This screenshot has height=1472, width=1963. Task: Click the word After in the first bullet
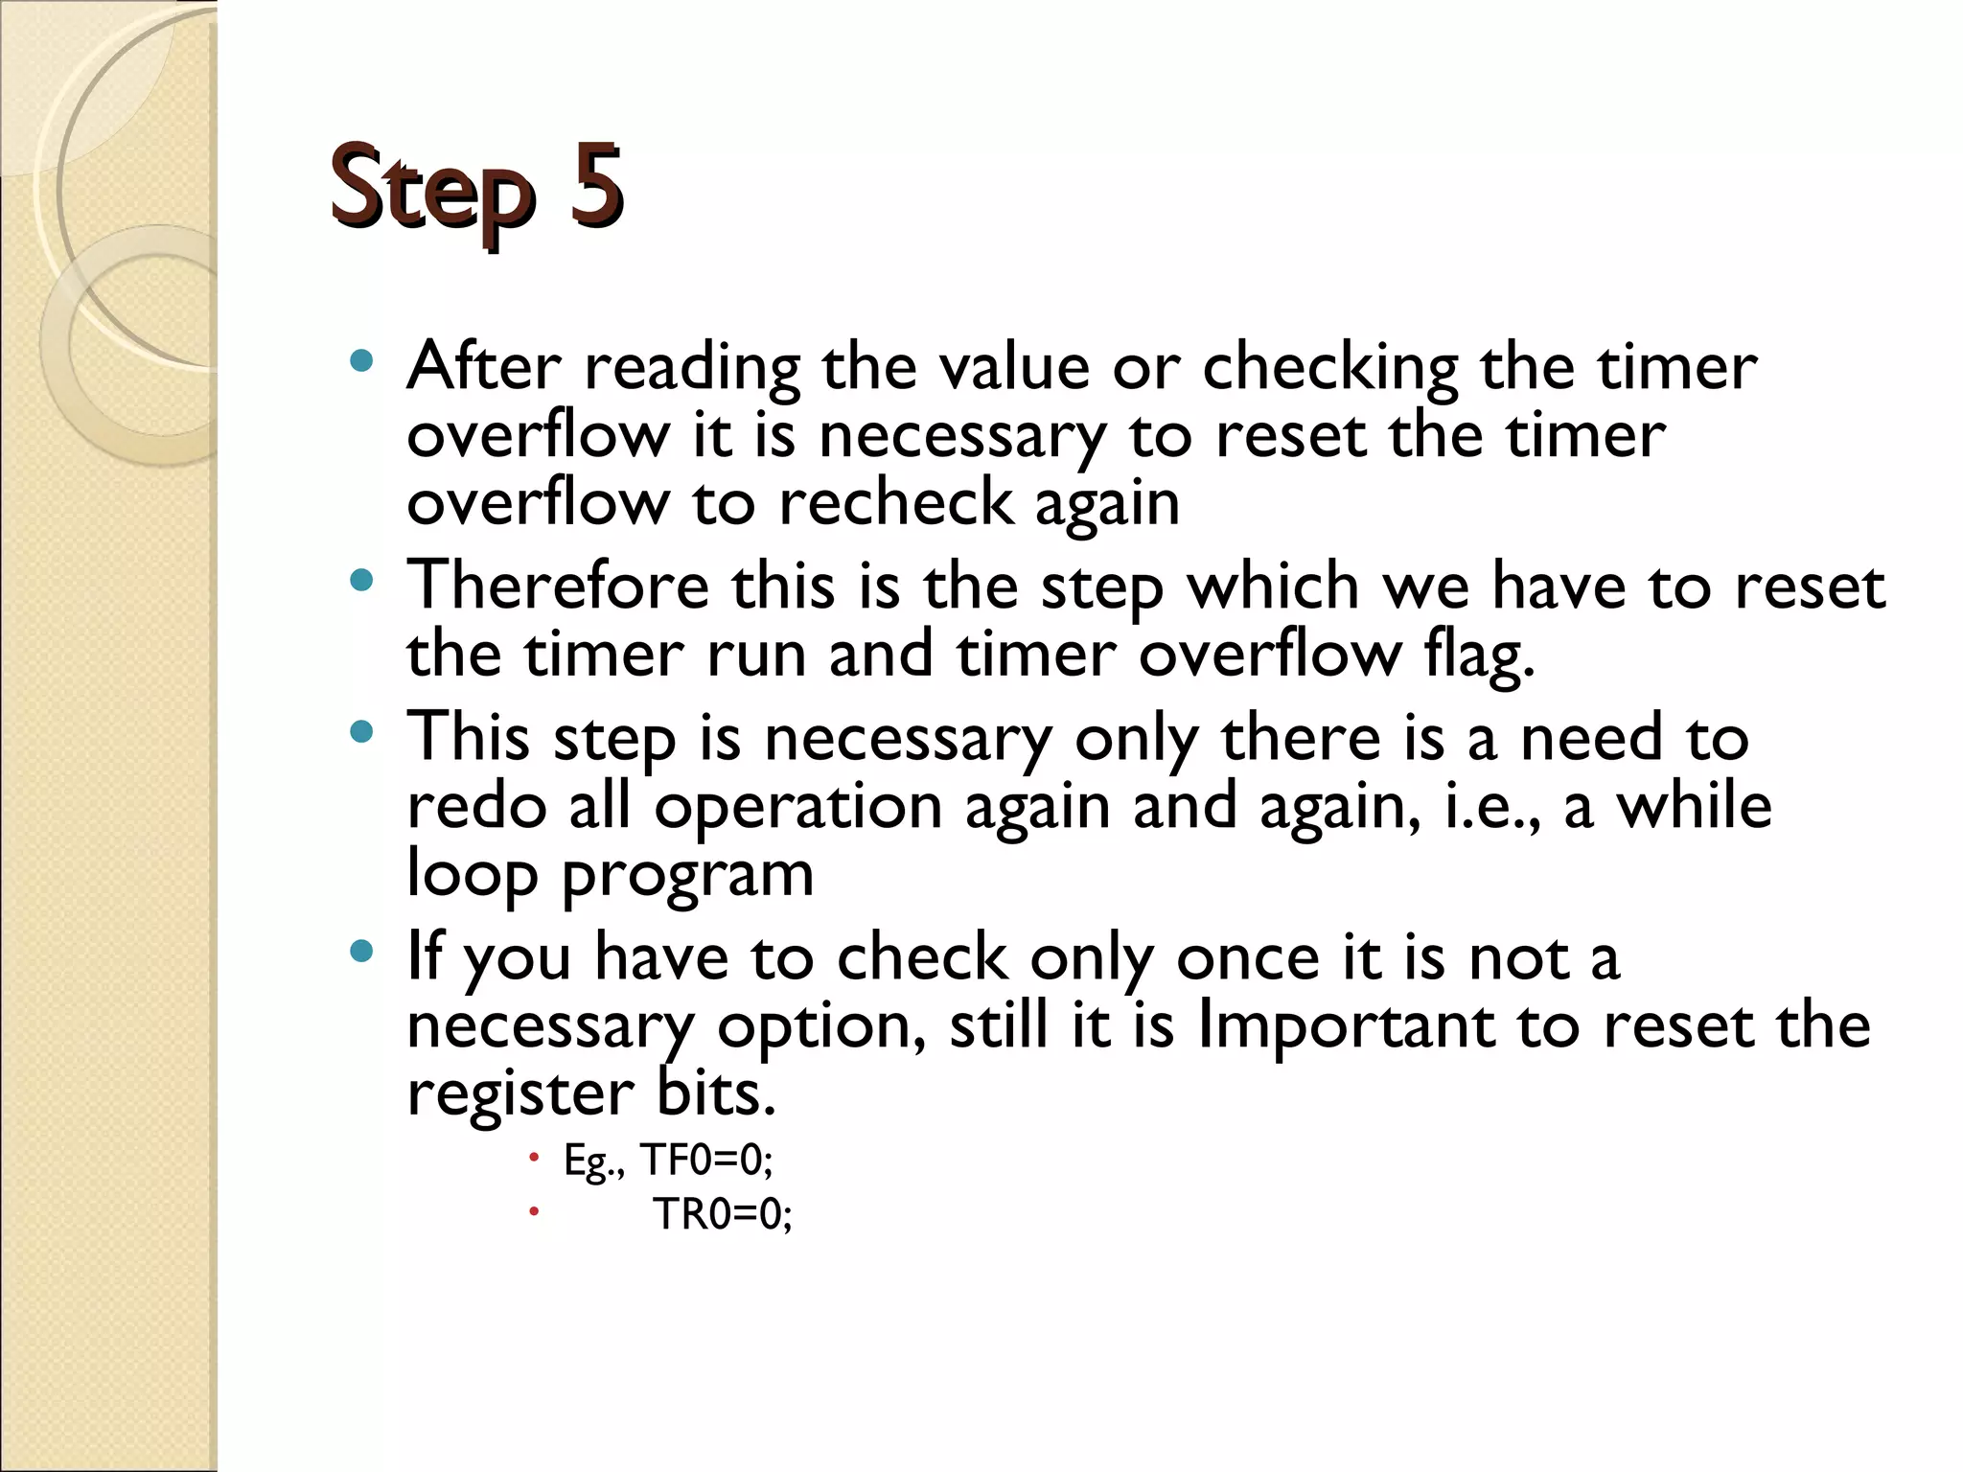pos(483,366)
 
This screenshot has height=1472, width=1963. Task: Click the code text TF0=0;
pos(705,1161)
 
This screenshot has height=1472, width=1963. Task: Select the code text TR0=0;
pos(723,1214)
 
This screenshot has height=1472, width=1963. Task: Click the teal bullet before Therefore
pos(361,581)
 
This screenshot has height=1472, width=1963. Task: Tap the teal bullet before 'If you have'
pos(361,952)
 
